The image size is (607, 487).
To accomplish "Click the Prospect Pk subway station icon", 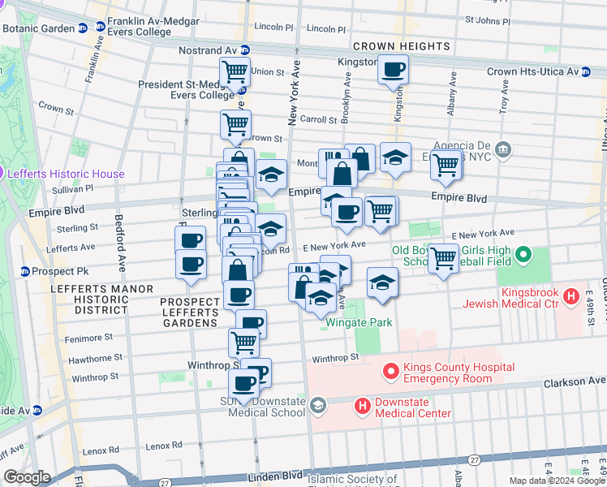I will [25, 271].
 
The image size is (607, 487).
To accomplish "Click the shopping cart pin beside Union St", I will [235, 71].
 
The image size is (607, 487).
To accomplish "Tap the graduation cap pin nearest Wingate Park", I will [382, 282].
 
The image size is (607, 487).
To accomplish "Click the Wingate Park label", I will [359, 322].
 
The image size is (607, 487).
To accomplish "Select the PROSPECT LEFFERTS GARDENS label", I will [190, 312].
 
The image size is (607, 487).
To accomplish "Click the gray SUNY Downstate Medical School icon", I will [318, 404].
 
